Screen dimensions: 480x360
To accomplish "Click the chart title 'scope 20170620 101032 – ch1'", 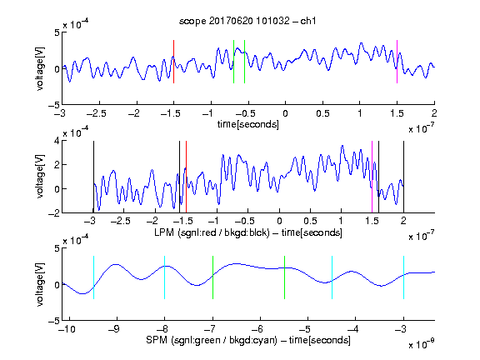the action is point(247,21).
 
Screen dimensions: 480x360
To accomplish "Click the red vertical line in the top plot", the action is point(174,62).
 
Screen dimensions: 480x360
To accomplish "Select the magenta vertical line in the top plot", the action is point(397,62).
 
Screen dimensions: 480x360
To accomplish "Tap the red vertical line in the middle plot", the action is point(186,177).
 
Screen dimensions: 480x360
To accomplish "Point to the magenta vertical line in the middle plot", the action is point(372,177).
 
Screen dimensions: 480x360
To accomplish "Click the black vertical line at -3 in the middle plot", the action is point(93,177).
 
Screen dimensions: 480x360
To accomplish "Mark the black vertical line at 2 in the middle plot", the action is point(403,177).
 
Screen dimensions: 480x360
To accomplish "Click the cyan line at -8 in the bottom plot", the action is point(165,277).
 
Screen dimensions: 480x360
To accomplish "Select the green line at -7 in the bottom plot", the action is point(212,277).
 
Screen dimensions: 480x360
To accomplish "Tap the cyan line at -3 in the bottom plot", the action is point(403,277).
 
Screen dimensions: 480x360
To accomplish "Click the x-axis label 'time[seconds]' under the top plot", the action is point(248,124).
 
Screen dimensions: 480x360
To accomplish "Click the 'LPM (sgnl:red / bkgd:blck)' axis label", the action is point(212,232).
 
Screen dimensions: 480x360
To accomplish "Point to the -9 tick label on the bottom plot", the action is point(114,329).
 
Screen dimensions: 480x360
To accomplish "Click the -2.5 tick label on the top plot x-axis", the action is point(96,113).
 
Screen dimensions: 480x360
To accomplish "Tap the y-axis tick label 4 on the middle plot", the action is point(57,141).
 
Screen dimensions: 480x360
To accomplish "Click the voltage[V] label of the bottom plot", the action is point(40,284).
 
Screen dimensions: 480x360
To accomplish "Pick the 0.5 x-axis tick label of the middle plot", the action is point(310,221).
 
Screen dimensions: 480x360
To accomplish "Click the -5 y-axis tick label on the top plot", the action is point(54,105).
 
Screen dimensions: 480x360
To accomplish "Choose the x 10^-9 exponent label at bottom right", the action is point(422,344).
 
